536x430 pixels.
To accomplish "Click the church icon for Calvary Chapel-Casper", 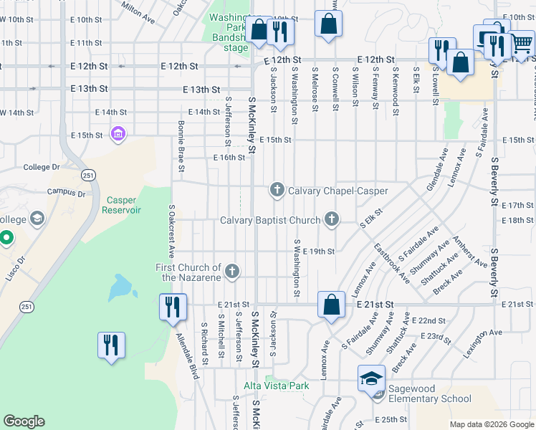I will coord(277,190).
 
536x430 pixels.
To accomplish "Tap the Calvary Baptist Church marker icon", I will coord(331,219).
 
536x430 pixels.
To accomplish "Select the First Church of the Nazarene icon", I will coord(231,271).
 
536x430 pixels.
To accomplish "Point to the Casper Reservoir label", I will coord(124,205).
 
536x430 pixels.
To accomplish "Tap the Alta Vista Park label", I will coord(276,386).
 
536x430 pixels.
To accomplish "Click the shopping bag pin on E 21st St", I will coord(331,305).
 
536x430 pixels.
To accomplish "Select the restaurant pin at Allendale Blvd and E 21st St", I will coord(173,307).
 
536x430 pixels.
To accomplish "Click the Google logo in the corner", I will coord(24,421).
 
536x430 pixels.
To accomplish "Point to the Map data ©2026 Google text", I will coord(491,424).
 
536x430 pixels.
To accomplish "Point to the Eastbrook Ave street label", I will coord(392,262).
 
